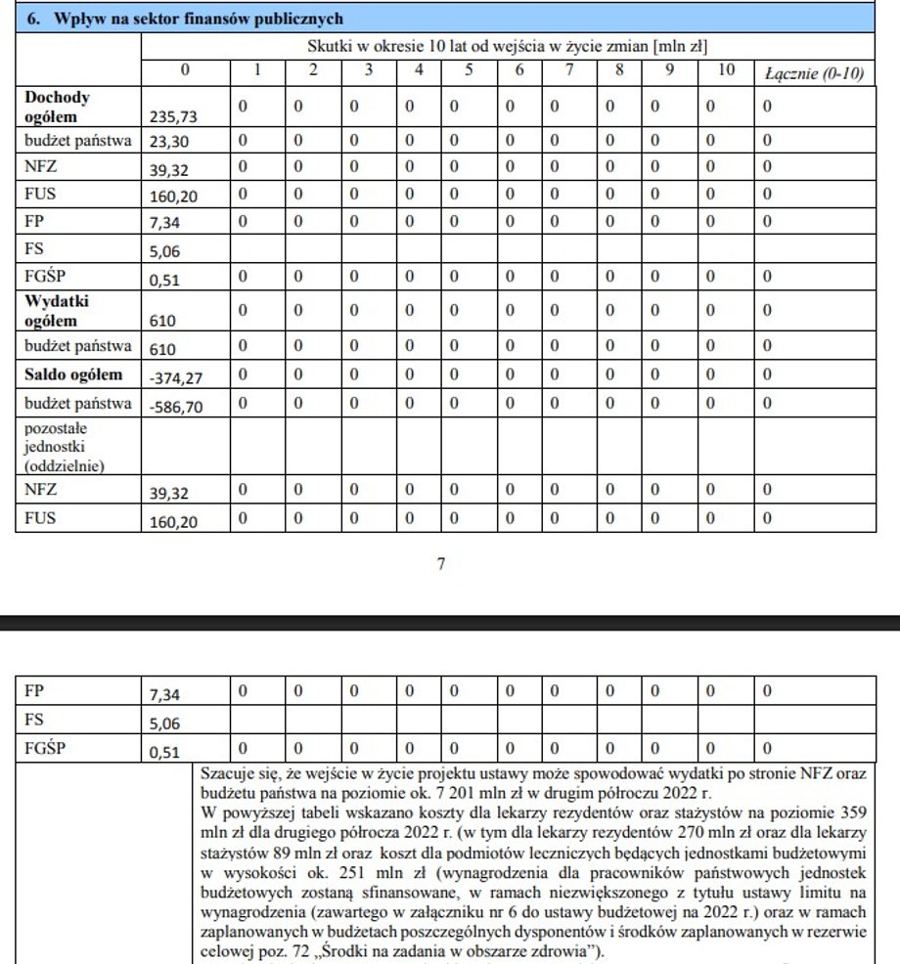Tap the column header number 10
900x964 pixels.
tap(724, 72)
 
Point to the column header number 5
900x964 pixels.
tap(469, 72)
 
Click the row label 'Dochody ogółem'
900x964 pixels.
tap(58, 108)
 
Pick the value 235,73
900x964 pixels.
tap(173, 116)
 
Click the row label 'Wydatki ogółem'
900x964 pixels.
tap(58, 311)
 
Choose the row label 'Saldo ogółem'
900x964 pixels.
tap(74, 374)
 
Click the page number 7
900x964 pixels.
tap(441, 563)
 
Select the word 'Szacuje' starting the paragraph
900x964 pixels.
tap(226, 773)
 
